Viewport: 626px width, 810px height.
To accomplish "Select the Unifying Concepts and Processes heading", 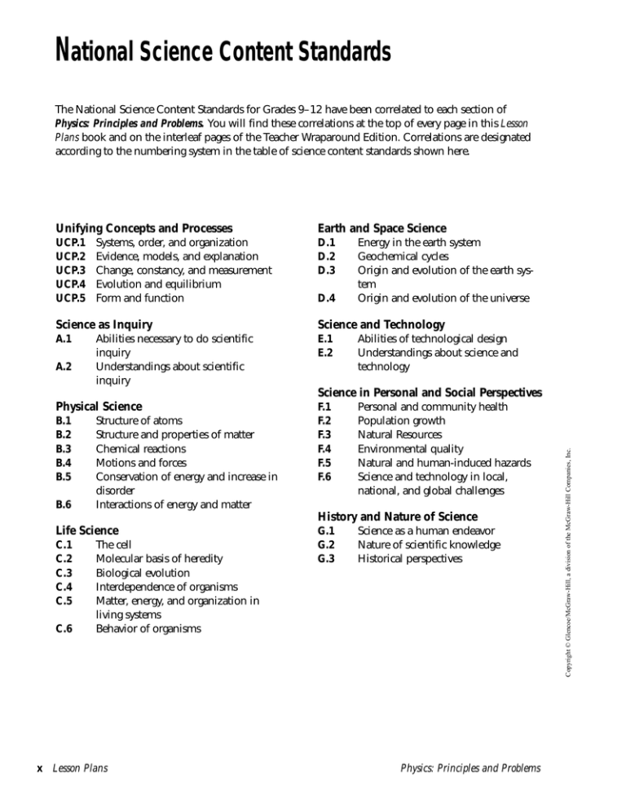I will (143, 228).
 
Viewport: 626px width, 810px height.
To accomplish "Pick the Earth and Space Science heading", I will (381, 228).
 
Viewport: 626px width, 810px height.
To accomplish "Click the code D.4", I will (326, 297).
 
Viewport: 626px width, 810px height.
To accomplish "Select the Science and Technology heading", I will (381, 324).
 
